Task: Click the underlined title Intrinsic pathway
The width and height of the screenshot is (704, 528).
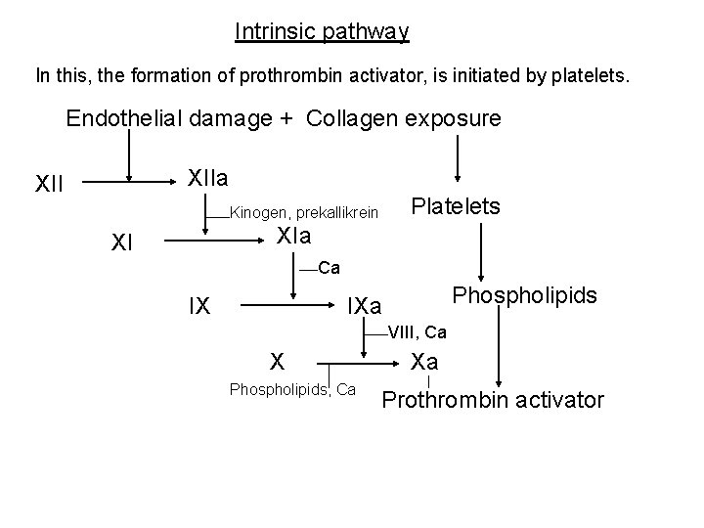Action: click(322, 32)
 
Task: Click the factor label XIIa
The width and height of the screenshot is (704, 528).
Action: click(207, 177)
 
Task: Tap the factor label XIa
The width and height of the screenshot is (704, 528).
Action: click(293, 236)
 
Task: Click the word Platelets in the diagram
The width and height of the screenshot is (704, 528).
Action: click(456, 206)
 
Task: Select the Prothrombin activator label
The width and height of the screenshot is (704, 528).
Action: click(493, 400)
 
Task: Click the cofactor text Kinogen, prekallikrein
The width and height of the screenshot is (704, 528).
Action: click(303, 212)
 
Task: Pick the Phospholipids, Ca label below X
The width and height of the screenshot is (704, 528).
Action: click(292, 390)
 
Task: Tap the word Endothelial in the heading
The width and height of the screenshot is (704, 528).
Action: click(119, 119)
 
